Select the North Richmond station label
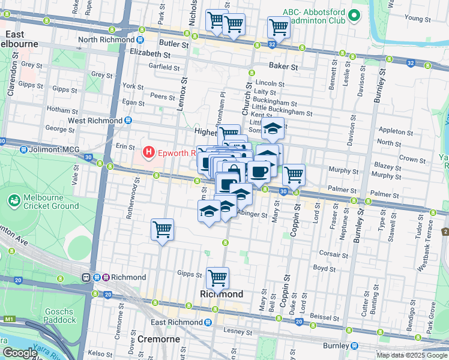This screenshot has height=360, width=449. pos(108,40)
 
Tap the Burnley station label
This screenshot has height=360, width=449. pos(335,346)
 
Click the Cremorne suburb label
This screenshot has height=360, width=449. pos(158,339)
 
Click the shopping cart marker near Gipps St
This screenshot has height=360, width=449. pos(217,278)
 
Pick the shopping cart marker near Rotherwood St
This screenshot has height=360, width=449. pos(162,229)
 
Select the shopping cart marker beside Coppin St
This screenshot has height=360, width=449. pos(294,175)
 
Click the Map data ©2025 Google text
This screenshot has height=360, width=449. pos(411,355)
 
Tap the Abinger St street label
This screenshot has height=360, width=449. pos(252,214)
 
